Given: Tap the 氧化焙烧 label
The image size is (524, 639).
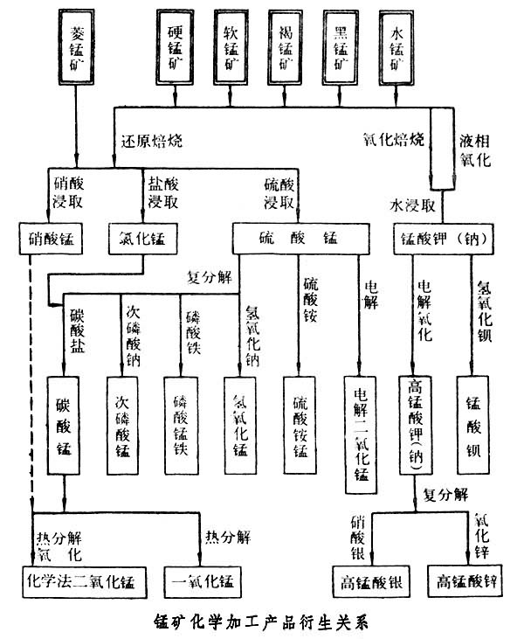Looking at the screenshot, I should [x=393, y=139].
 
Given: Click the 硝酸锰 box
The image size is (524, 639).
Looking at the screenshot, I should [x=52, y=237].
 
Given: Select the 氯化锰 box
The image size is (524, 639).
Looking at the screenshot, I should [x=140, y=237].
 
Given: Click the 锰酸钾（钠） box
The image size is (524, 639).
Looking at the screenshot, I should [x=446, y=237].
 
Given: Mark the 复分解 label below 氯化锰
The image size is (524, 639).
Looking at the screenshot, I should [x=210, y=277].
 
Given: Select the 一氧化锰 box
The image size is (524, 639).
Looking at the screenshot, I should [x=202, y=580].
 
